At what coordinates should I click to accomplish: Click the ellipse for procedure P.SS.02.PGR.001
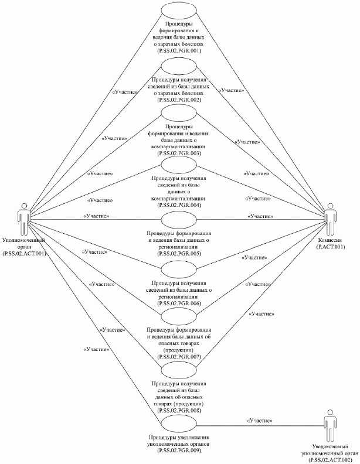click(x=180, y=12)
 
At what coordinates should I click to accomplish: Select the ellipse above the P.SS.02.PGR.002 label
click(x=180, y=66)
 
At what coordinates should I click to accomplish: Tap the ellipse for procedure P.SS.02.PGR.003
click(x=180, y=114)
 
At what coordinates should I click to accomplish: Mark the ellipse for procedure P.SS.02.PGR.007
click(x=180, y=317)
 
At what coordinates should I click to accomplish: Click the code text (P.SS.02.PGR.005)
click(x=180, y=254)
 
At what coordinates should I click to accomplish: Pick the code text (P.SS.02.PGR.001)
click(x=180, y=51)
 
